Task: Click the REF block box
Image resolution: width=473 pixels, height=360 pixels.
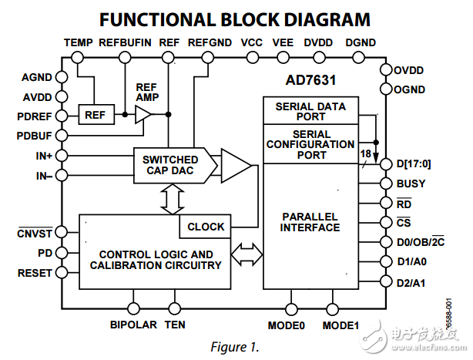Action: pos(96,115)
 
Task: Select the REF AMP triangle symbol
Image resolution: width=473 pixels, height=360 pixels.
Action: pos(143,115)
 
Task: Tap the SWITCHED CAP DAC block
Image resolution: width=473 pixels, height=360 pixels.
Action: pos(169,165)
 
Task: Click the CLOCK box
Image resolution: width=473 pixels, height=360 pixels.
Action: pos(206,227)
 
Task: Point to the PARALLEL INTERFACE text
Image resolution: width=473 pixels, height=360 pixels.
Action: pos(310,221)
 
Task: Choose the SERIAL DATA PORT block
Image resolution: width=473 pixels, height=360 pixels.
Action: pos(310,111)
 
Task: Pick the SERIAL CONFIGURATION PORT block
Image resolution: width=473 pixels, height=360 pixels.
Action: pos(310,144)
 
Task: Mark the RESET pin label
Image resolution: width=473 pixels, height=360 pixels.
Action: pos(35,273)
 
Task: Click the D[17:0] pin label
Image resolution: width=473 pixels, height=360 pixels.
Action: pos(414,163)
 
